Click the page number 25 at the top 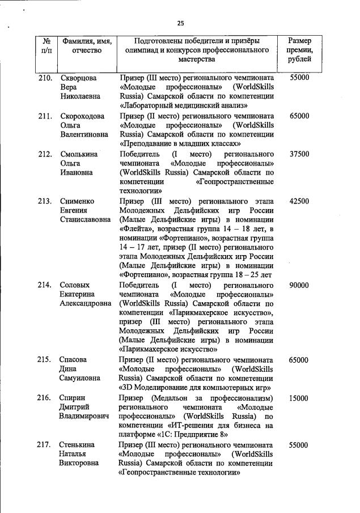[180, 23]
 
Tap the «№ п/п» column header [47, 45]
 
